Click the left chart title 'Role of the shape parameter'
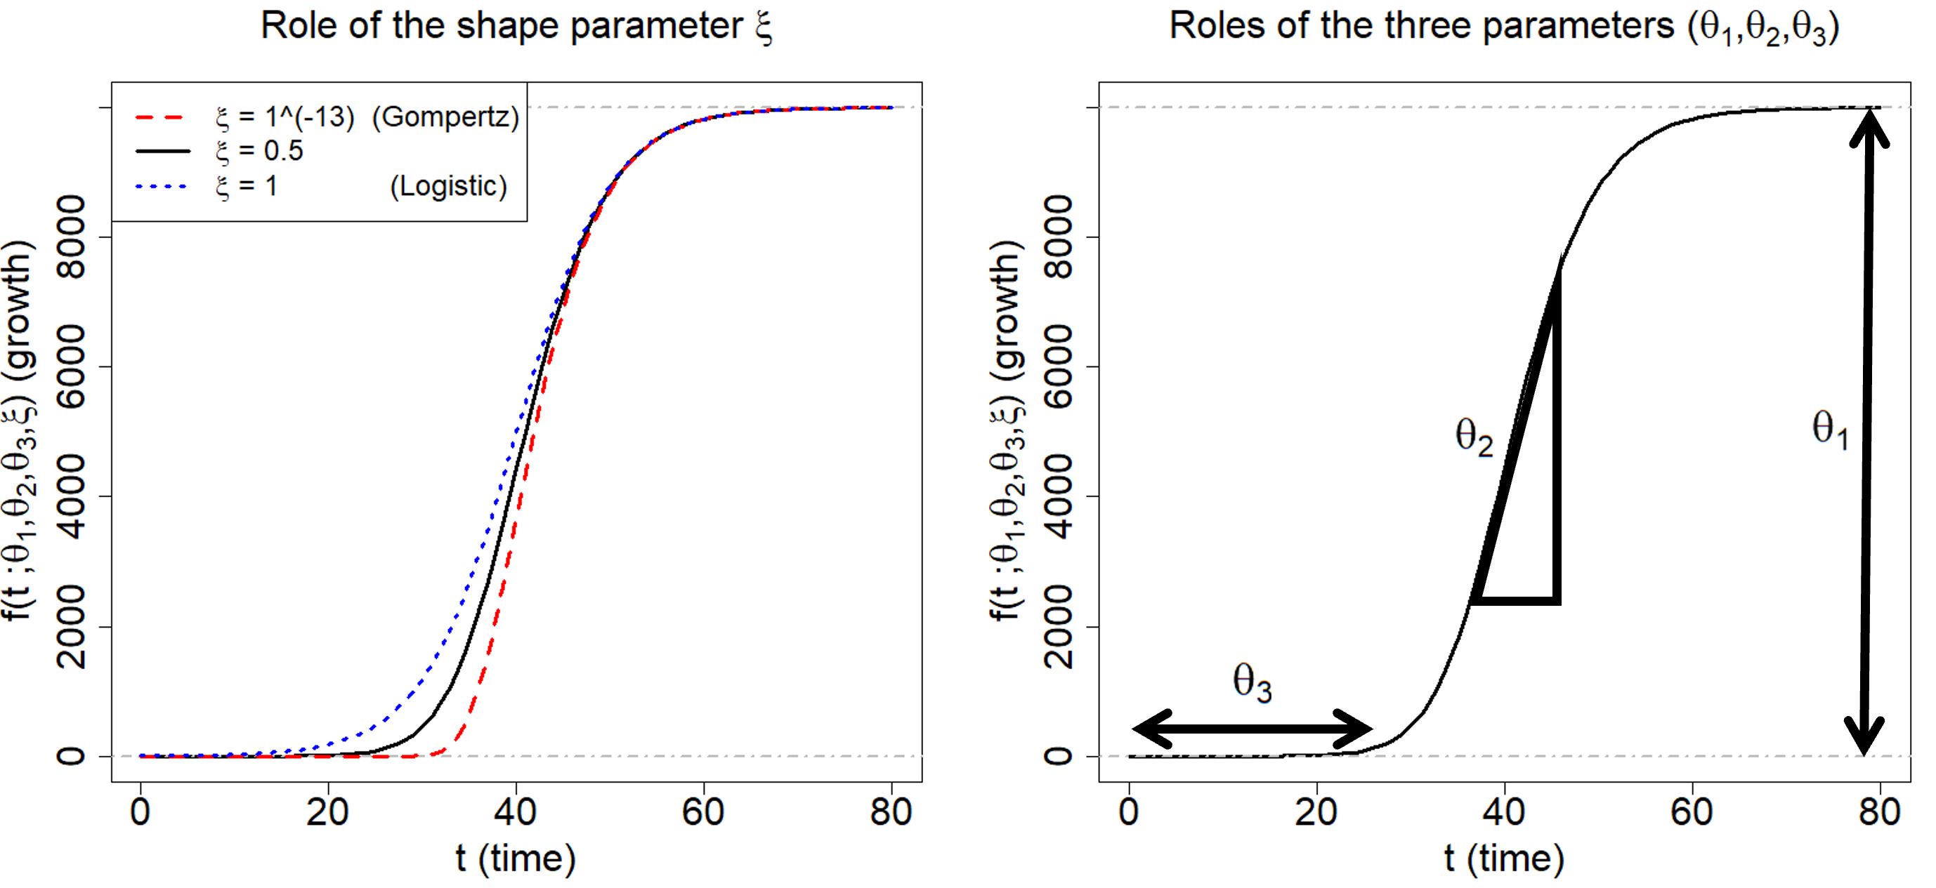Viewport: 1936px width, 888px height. tap(517, 27)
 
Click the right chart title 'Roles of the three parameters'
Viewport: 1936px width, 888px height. tap(1504, 27)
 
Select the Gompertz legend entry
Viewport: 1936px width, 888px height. tap(327, 117)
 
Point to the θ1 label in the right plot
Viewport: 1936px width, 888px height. tap(1829, 431)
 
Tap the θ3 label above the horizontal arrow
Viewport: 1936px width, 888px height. tap(1252, 684)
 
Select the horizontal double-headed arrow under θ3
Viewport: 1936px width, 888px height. tap(1252, 728)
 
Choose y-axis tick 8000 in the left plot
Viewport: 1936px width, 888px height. tap(74, 237)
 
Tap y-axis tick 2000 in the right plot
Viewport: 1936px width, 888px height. tap(1061, 627)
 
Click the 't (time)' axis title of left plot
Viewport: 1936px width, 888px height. tap(516, 859)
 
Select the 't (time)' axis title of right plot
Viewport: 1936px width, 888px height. tap(1504, 859)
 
